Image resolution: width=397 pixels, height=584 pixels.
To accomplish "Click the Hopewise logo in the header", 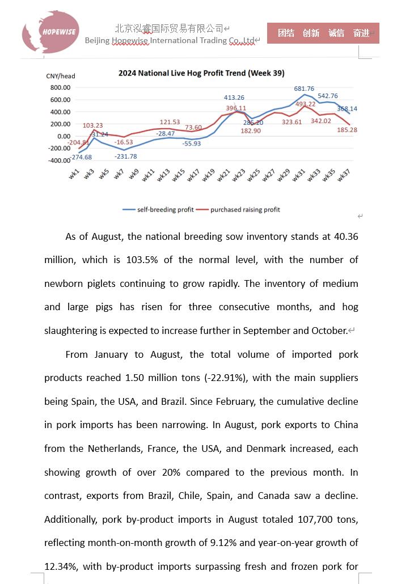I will coord(50,32).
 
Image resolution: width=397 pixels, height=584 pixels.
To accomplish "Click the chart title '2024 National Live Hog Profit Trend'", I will coord(201,73).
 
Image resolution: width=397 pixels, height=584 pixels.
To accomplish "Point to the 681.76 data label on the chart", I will coord(304,89).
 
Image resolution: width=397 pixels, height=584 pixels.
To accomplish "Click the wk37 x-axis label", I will coord(343,176).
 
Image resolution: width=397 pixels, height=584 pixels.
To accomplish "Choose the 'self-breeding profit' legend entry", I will coord(158,210).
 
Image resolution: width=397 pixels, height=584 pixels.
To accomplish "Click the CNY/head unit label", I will coord(61,76).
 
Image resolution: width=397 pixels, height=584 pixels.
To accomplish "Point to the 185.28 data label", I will coord(347,130).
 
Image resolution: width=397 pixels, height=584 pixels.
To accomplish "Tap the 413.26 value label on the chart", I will coord(234,98).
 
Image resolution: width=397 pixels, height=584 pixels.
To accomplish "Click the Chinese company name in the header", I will coord(168,28).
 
